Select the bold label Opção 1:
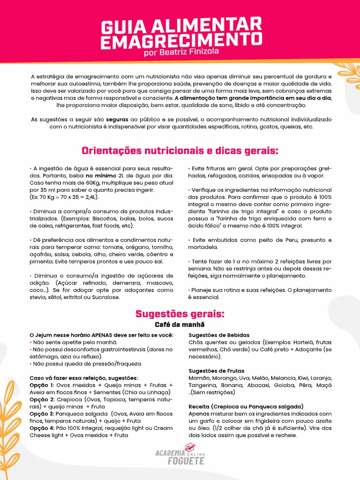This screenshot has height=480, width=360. [42, 385]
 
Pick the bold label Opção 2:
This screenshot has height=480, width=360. [42, 399]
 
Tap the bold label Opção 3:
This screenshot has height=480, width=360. [42, 413]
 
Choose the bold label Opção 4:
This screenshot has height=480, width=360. [42, 428]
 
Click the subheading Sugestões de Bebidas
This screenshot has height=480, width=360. [218, 335]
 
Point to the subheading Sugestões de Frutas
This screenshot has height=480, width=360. [216, 371]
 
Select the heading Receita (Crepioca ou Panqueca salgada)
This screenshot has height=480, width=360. [246, 406]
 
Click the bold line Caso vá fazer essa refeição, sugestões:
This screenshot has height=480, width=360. [83, 378]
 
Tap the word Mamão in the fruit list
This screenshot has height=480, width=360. [199, 378]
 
